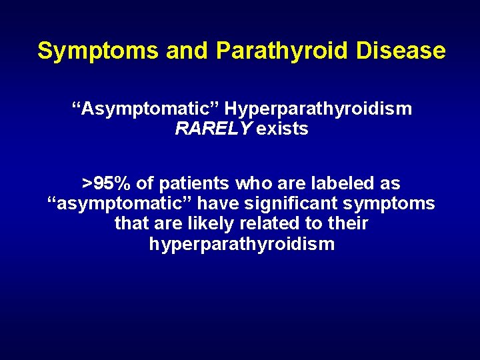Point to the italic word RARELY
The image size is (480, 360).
pyautogui.click(x=213, y=129)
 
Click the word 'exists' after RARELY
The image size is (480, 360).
pyautogui.click(x=282, y=129)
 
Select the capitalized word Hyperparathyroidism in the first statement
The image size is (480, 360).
pyautogui.click(x=318, y=109)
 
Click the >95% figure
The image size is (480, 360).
pyautogui.click(x=107, y=183)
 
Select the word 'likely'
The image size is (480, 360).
pyautogui.click(x=202, y=223)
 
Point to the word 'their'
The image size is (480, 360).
pyautogui.click(x=347, y=223)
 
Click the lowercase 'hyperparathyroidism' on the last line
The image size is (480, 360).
pyautogui.click(x=241, y=244)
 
